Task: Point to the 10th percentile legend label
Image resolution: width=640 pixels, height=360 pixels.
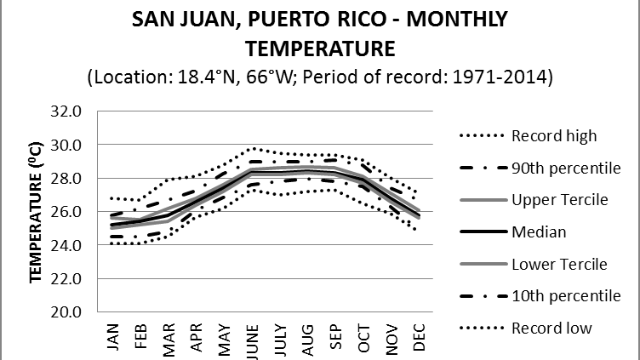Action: (565, 295)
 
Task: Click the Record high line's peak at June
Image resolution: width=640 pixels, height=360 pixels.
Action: (254, 148)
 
